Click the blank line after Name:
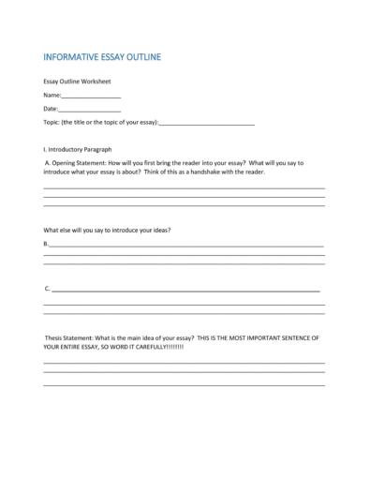(x=92, y=97)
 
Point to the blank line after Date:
(x=90, y=110)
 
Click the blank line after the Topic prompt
(x=207, y=124)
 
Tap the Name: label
(x=52, y=96)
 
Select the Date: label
(x=51, y=109)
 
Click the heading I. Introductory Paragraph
(x=78, y=149)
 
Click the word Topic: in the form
(x=52, y=123)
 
